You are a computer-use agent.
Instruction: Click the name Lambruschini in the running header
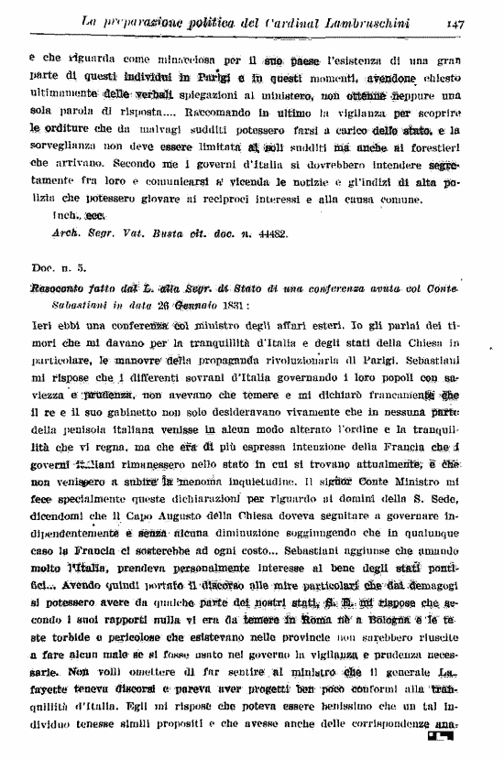(358, 19)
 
